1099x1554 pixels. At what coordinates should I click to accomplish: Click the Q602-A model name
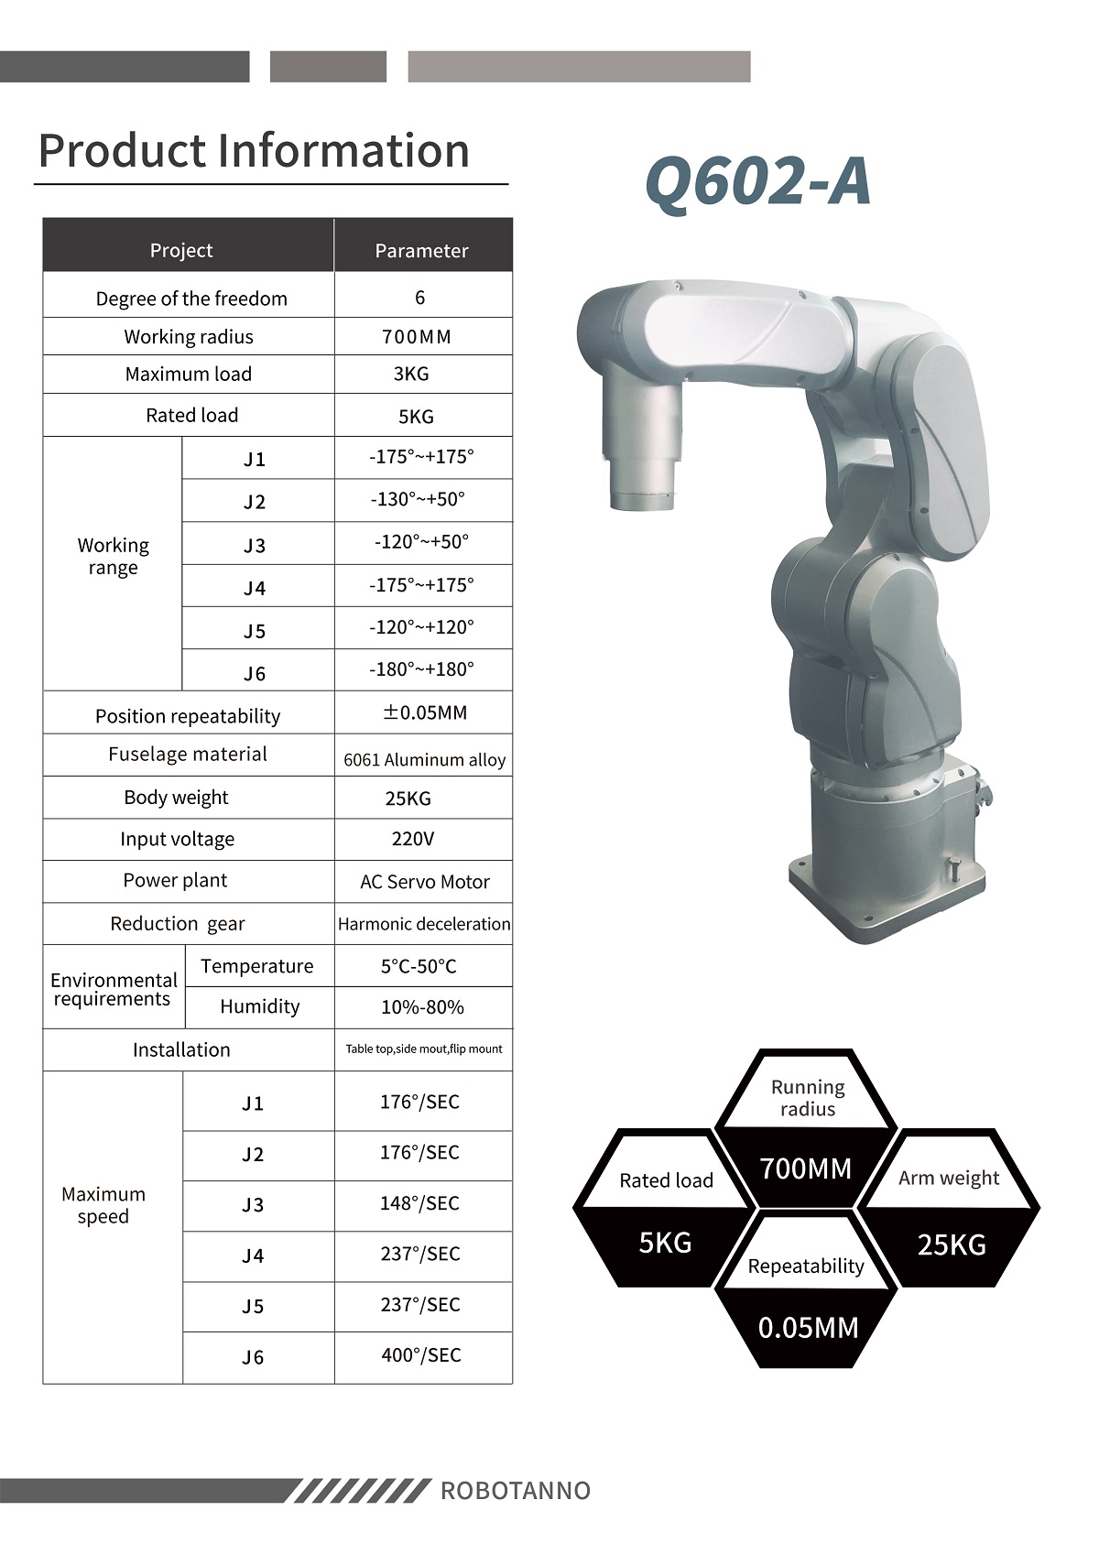pos(757,181)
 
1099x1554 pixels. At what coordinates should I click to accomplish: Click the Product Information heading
pos(254,150)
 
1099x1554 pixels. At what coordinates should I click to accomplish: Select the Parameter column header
pos(422,250)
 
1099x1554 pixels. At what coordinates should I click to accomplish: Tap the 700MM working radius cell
pos(417,337)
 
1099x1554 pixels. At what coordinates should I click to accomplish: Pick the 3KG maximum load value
pos(411,374)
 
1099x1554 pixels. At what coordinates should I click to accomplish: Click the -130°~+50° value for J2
pos(418,499)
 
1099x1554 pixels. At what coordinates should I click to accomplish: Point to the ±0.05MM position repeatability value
pos(425,712)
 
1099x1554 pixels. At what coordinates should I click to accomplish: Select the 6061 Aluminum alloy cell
pos(425,760)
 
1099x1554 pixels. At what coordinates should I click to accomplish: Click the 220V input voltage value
pos(413,840)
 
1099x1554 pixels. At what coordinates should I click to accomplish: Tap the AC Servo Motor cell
pos(425,882)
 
